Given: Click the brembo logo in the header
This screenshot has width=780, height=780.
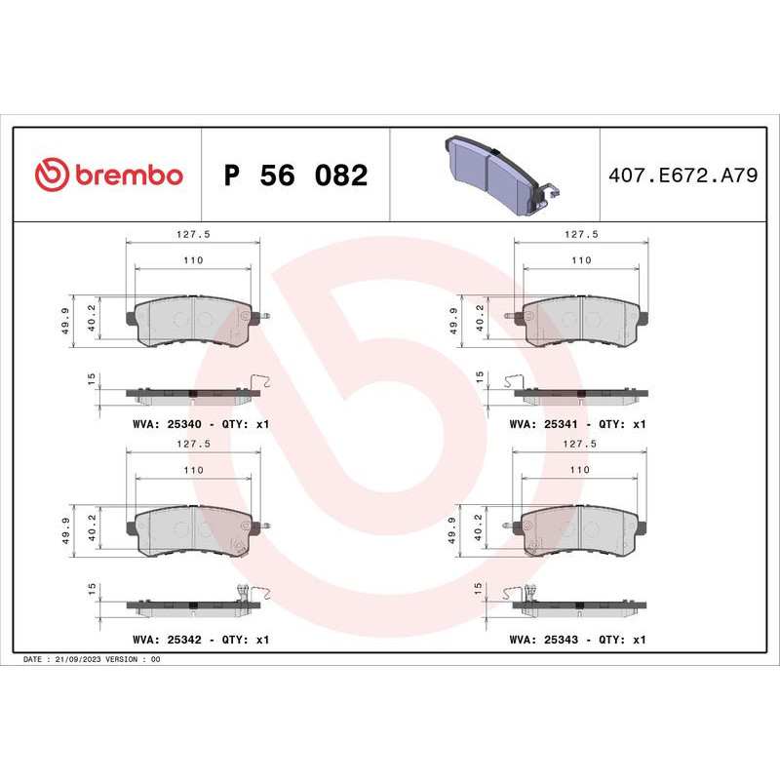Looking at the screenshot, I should pos(108,175).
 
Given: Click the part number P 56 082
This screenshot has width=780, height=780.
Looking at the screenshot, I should pos(295,176).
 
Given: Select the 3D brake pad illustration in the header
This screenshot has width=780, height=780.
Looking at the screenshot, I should pos(495,175).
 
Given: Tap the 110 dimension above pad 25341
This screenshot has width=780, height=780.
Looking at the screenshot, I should pos(581,260).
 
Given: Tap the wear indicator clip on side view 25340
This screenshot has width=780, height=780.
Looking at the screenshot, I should pos(259,381).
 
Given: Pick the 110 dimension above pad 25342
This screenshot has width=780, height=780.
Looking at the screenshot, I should pos(193,471).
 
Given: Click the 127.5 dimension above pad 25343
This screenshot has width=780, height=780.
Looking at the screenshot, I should pos(581,446).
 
